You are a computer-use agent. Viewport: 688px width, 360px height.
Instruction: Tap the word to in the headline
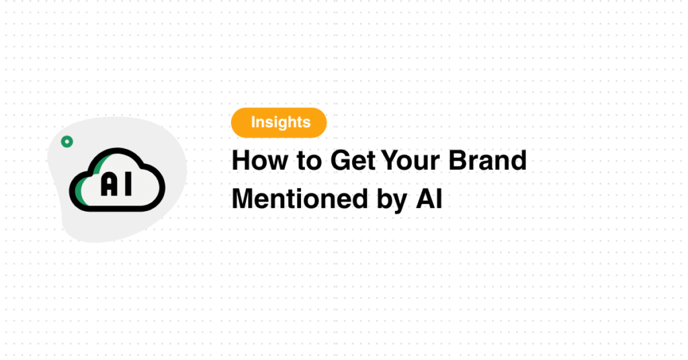[309, 161]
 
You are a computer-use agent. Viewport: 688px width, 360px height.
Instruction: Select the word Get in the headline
[353, 161]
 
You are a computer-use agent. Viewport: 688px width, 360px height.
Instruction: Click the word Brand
[487, 160]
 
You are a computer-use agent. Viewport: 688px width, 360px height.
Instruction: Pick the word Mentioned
[300, 199]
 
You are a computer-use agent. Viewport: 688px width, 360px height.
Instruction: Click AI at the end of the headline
[429, 199]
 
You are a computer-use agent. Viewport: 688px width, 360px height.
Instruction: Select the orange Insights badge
[279, 123]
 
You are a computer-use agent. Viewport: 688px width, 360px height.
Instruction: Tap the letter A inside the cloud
[110, 184]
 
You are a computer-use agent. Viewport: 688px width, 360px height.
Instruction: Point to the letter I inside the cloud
[128, 184]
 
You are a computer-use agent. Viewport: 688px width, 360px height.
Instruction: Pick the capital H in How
[241, 161]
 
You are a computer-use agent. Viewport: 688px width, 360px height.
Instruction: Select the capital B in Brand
[457, 161]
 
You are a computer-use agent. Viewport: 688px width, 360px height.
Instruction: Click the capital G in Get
[341, 161]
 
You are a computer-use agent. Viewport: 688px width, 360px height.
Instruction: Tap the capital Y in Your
[390, 161]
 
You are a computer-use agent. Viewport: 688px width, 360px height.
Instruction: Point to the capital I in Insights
[253, 122]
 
